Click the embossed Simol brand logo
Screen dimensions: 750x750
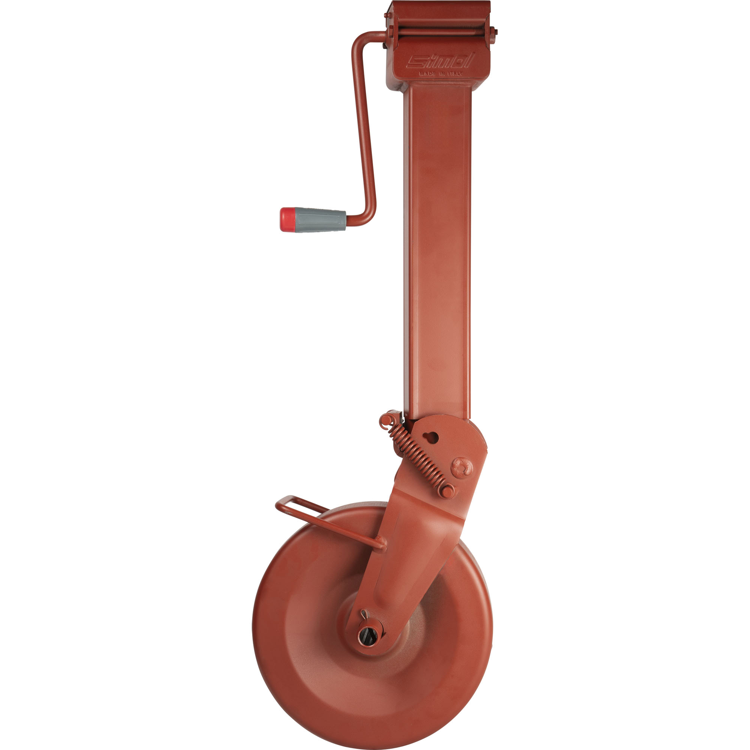(440, 61)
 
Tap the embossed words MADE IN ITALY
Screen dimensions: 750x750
(440, 73)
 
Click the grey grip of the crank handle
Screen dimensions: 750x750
(321, 219)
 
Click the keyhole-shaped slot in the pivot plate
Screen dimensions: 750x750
(431, 438)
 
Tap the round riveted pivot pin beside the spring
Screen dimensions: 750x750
(462, 467)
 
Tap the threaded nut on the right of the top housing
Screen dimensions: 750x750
(493, 32)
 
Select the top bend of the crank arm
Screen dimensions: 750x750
(359, 39)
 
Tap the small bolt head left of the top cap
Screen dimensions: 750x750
(387, 15)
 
